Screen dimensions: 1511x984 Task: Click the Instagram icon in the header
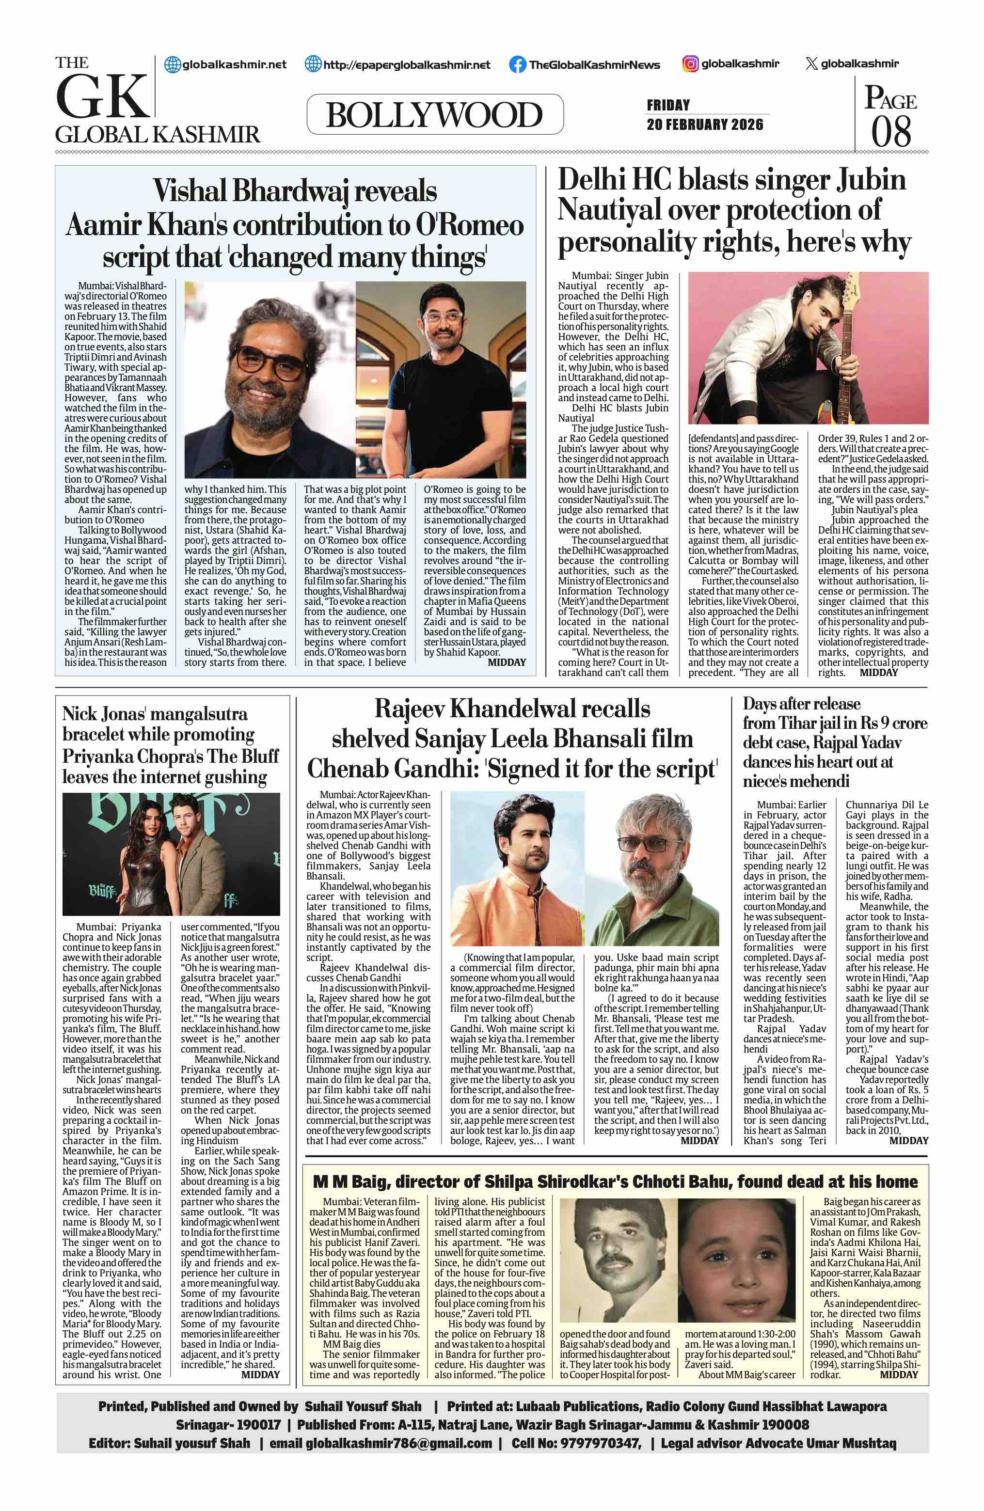point(691,63)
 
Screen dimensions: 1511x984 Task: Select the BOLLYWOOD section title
point(434,115)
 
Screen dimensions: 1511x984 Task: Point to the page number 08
point(890,131)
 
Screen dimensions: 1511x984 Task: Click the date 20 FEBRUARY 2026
point(705,125)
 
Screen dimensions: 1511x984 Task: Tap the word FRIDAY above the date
point(668,105)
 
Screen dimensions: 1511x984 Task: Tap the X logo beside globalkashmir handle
point(810,63)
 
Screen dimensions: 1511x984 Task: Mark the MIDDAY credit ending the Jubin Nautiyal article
point(879,672)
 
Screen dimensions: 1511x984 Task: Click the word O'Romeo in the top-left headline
point(469,225)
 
